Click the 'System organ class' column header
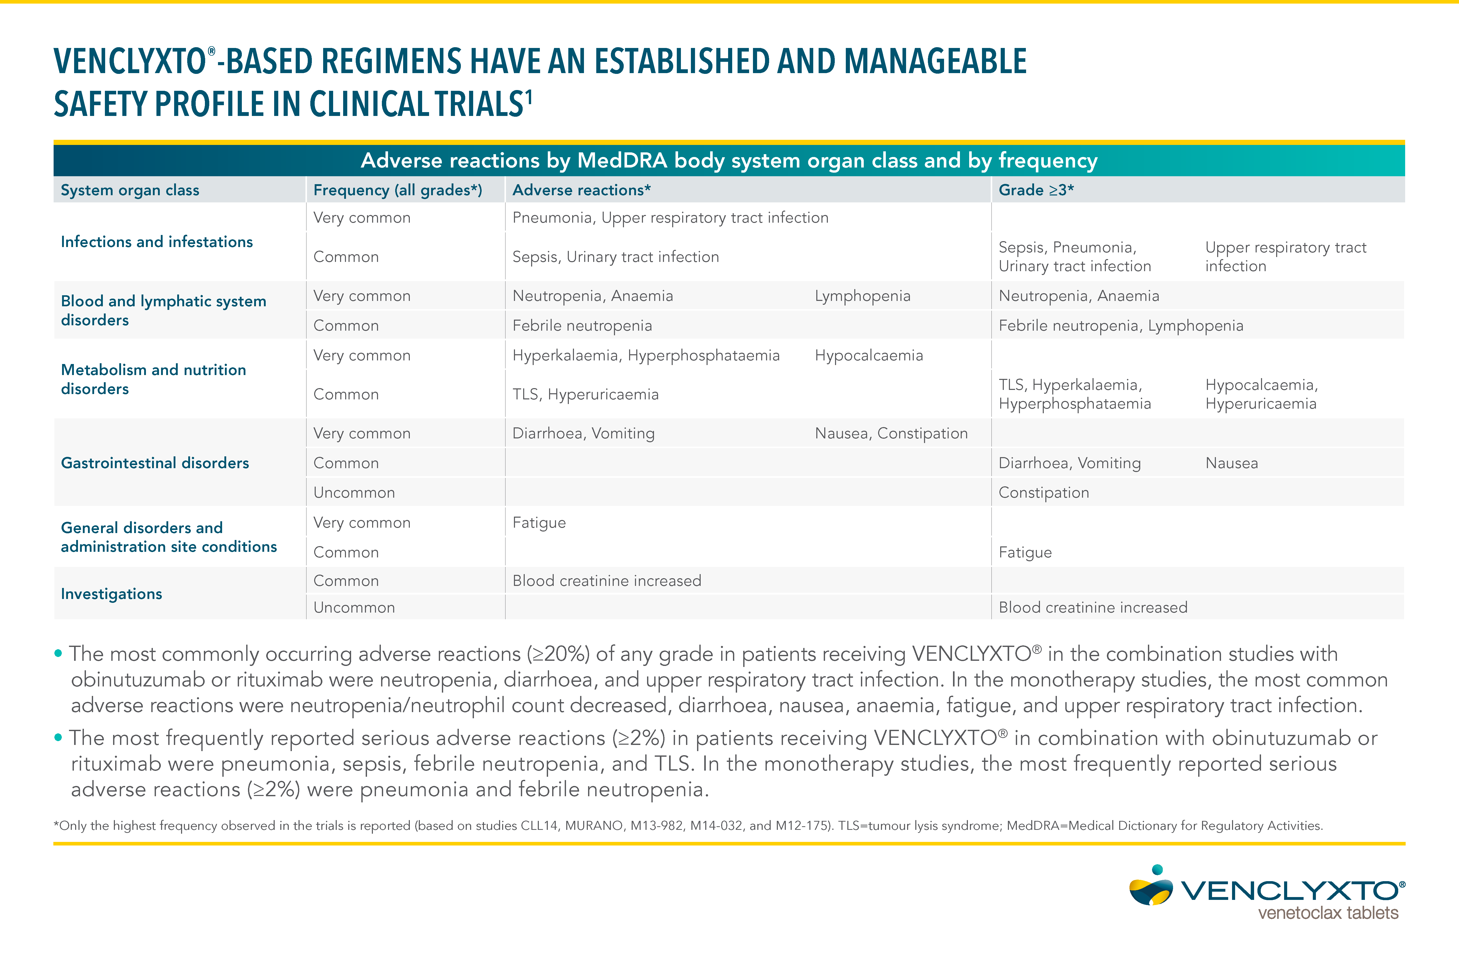click(x=130, y=190)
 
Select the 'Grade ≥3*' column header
click(x=1036, y=190)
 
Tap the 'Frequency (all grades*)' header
click(x=397, y=190)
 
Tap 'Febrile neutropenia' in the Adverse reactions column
click(x=582, y=326)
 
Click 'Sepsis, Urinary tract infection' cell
click(x=616, y=257)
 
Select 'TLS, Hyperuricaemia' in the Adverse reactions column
click(x=585, y=394)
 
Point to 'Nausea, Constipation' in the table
click(x=891, y=434)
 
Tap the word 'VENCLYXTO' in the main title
click(x=130, y=62)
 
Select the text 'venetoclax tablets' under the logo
click(x=1328, y=913)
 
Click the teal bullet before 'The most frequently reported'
click(x=58, y=737)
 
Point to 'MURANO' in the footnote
click(x=593, y=826)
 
